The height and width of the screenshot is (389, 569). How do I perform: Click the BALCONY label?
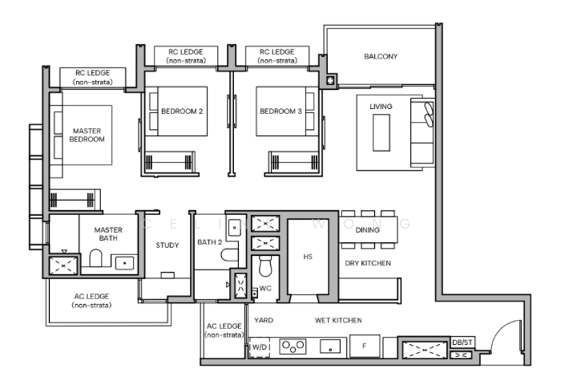tap(381, 56)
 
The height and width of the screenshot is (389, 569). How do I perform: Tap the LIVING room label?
tap(381, 106)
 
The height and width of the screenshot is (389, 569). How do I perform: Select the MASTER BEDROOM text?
tap(87, 135)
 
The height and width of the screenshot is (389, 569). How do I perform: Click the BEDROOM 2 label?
tap(181, 112)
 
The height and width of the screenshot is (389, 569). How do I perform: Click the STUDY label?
tap(167, 245)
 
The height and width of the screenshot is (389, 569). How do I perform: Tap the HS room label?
tap(307, 256)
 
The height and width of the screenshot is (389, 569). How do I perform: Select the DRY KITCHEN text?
tap(367, 264)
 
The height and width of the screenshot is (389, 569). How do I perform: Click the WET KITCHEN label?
tap(339, 321)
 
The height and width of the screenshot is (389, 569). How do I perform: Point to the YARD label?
tap(263, 321)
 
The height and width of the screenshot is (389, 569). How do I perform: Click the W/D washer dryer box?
tap(259, 347)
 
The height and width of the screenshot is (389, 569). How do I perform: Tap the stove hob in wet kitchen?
tap(292, 347)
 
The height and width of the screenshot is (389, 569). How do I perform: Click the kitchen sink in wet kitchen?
tap(329, 347)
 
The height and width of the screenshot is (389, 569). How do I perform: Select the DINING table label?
tap(367, 230)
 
